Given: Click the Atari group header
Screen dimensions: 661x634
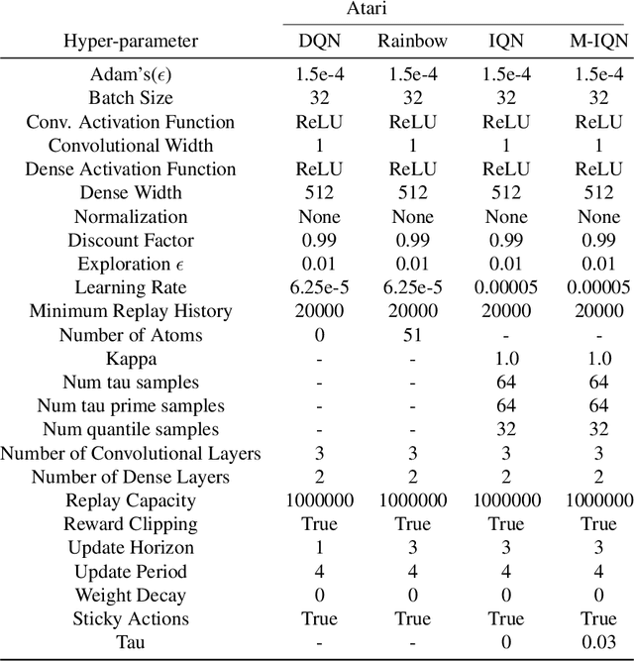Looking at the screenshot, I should click(x=458, y=11).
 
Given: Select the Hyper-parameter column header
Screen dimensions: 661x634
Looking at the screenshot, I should click(x=131, y=42).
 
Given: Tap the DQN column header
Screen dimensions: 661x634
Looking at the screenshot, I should click(x=319, y=42).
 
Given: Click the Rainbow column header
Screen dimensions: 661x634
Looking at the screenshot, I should click(x=412, y=42).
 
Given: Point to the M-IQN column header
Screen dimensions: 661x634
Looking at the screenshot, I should click(x=597, y=42).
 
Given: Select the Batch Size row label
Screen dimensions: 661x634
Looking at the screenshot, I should click(x=131, y=98).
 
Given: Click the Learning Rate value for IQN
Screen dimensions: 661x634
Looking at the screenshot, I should click(x=505, y=287).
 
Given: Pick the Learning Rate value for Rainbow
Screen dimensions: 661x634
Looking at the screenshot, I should click(x=412, y=287).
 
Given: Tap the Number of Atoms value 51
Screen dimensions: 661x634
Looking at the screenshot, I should click(x=412, y=335).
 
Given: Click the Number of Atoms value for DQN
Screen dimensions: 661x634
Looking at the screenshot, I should click(x=319, y=335).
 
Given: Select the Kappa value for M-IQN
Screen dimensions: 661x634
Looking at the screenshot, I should click(x=597, y=359).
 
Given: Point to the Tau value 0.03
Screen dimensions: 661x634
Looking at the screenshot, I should click(x=597, y=643).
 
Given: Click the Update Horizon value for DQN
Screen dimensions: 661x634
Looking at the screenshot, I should click(x=319, y=548).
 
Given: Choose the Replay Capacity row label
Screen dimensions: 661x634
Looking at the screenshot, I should click(x=131, y=500).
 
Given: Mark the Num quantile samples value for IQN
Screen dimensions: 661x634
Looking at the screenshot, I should click(x=505, y=430).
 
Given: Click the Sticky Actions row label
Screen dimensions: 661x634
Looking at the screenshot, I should click(x=131, y=619).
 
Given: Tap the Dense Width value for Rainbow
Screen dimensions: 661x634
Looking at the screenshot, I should click(x=412, y=193).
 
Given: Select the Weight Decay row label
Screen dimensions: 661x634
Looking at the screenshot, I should click(x=131, y=596).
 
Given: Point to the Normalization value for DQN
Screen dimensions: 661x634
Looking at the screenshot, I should click(x=319, y=217).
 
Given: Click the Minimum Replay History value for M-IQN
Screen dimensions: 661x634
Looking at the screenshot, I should click(x=597, y=311).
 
